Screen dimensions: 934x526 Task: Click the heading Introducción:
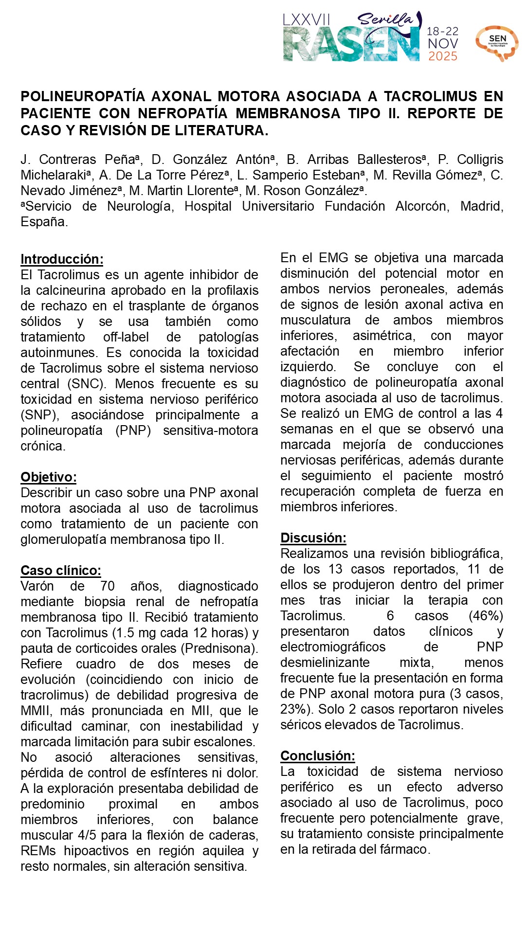62,259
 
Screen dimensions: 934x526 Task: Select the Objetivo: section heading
48,477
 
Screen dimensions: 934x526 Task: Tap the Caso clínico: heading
61,571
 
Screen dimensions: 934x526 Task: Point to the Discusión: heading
313,538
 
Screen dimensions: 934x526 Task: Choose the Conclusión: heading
318,756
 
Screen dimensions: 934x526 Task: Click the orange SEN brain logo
497,43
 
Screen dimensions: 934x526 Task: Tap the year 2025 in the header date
443,56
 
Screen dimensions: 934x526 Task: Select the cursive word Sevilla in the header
386,19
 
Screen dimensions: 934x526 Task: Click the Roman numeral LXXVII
307,20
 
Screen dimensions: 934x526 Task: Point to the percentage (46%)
486,616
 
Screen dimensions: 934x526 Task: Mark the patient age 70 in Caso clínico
108,586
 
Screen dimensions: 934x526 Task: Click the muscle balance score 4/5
89,835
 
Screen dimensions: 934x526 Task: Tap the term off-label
126,337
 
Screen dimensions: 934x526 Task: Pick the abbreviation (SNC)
86,384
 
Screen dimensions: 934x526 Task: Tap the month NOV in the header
443,44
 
